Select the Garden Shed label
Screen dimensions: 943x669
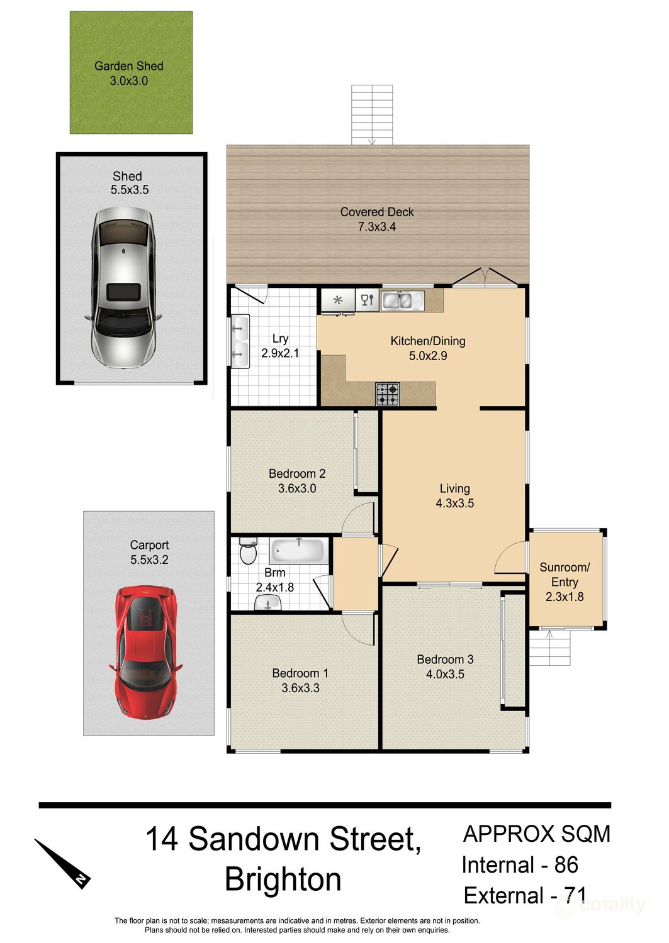[x=129, y=66]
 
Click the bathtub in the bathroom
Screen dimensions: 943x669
[x=298, y=551]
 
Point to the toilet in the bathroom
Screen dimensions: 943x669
[x=248, y=553]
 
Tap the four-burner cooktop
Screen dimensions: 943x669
[x=387, y=395]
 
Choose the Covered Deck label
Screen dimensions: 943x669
[x=377, y=212]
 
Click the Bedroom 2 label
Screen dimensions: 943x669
[x=297, y=474]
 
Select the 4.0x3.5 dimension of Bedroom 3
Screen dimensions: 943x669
[x=445, y=675]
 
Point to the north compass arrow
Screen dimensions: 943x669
[x=64, y=863]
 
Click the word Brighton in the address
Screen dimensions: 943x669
[x=283, y=880]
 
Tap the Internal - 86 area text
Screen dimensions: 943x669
[x=520, y=865]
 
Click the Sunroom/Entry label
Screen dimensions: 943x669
[x=565, y=575]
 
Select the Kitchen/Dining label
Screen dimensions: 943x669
[x=428, y=341]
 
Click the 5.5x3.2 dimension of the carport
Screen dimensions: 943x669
[x=149, y=560]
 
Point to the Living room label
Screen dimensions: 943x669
[x=455, y=488]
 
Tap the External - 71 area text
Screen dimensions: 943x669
[x=525, y=895]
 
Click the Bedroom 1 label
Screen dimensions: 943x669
[x=300, y=673]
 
